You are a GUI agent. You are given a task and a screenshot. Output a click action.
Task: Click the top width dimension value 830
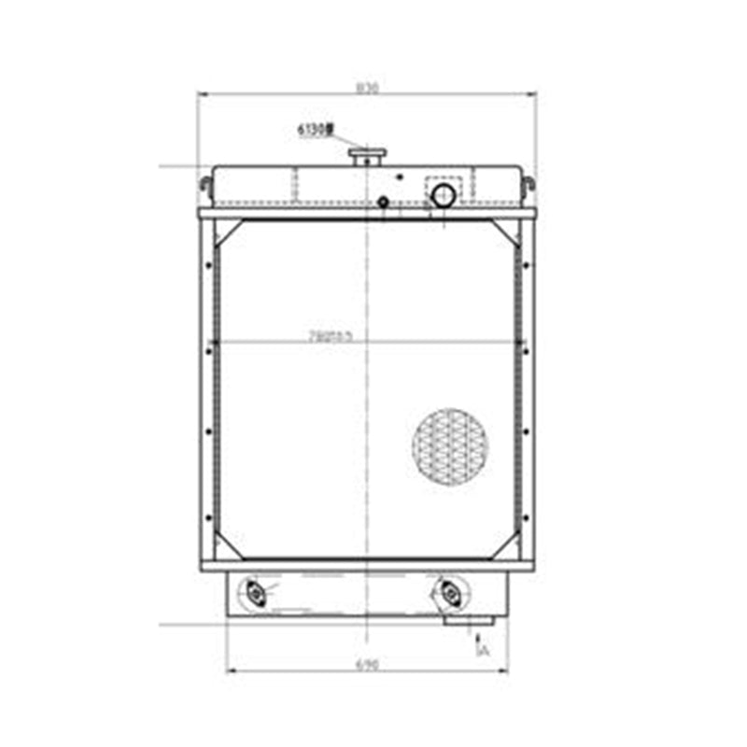pos(365,89)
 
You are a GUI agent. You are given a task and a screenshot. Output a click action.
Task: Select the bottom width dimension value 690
pos(366,664)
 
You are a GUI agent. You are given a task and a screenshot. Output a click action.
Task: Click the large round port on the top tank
pos(443,195)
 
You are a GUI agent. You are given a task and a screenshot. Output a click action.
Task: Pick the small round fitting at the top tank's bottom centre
pos(383,203)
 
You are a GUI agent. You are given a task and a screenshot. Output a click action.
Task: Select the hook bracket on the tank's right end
pos(529,184)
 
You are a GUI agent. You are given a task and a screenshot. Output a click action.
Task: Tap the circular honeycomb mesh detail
pos(450,445)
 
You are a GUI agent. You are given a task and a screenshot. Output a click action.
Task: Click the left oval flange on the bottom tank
pos(252,592)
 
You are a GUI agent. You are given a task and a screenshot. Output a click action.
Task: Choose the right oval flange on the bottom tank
pos(449,592)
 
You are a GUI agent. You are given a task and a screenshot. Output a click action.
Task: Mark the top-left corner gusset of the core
pos(227,231)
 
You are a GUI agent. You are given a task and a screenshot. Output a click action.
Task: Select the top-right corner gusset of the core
pos(506,231)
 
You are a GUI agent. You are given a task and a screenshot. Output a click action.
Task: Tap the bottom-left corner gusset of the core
pos(227,545)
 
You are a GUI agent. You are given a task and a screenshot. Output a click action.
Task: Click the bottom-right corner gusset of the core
pos(506,545)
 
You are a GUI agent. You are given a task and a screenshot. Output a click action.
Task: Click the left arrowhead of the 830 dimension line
pos(201,94)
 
